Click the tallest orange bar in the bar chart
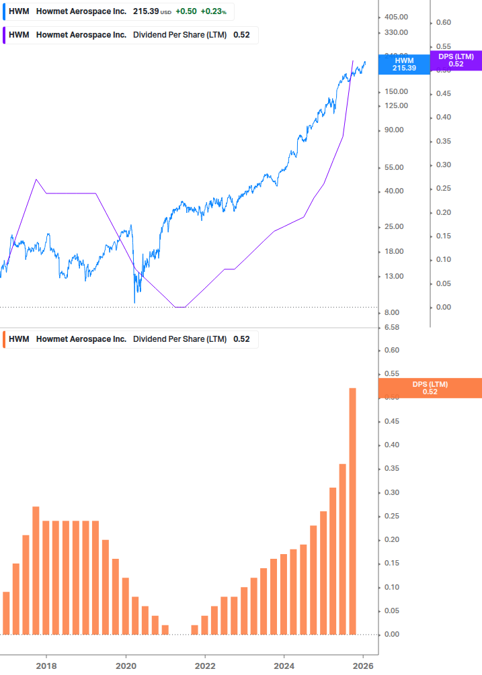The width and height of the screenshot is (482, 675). coord(352,510)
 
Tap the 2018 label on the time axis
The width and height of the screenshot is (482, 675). coord(46,666)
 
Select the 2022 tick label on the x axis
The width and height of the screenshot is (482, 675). coord(205,666)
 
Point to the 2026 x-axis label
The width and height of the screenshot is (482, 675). coord(364,666)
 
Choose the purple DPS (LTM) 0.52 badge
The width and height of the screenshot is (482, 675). coord(456,60)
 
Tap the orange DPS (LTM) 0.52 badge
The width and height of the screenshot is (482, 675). coord(430,388)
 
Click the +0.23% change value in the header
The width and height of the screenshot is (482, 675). coord(213,12)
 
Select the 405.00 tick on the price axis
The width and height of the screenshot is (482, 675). coord(395,17)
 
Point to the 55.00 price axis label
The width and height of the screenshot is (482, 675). coord(393,167)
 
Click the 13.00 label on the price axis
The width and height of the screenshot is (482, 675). coord(393,276)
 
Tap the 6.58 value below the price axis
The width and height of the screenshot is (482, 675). coord(391,327)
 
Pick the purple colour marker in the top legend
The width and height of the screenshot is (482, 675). coord(4,35)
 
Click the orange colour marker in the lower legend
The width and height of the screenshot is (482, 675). coord(4,339)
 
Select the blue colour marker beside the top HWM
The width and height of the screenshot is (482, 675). coord(4,12)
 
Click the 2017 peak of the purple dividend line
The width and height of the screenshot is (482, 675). coord(36,179)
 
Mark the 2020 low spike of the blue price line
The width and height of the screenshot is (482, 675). coord(135,302)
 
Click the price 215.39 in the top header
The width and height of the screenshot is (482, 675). coord(143,12)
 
